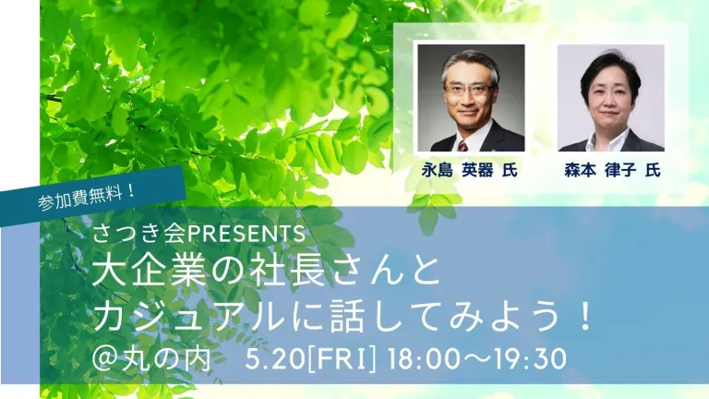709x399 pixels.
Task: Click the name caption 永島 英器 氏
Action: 469,170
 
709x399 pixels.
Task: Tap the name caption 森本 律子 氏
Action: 613,170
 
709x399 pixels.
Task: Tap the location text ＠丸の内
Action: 152,358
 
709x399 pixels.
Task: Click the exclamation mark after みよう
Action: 585,317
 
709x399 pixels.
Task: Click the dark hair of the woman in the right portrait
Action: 611,67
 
